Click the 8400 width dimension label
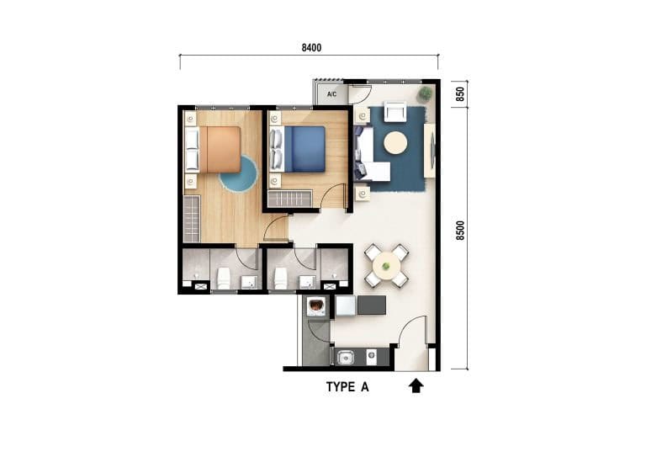click(x=311, y=48)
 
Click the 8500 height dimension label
click(x=460, y=231)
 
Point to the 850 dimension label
click(x=460, y=94)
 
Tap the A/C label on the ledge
click(x=331, y=94)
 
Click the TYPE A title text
click(x=347, y=387)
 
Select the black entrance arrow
click(x=416, y=385)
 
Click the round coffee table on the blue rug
click(x=395, y=143)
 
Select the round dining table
click(x=386, y=267)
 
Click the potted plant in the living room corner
click(x=426, y=94)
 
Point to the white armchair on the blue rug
click(x=395, y=111)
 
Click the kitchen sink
click(x=345, y=358)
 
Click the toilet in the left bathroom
click(x=223, y=278)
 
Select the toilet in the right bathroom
click(x=281, y=278)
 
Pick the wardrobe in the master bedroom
click(x=192, y=219)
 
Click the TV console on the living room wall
click(x=430, y=151)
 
